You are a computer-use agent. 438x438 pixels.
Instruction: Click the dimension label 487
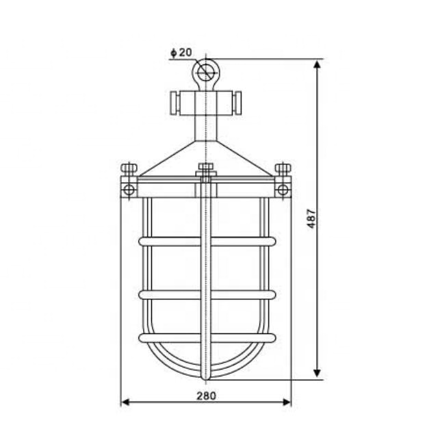tap(311, 218)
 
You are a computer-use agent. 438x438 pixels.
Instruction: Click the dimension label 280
tap(206, 396)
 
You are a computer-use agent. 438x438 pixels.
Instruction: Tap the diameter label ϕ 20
tap(181, 53)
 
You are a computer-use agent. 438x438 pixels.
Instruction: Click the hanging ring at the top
tap(205, 70)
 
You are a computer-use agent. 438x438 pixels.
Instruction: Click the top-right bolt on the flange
tap(283, 169)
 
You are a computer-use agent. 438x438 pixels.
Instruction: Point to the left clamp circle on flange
tap(127, 188)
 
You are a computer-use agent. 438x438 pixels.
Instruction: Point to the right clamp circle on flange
tap(283, 188)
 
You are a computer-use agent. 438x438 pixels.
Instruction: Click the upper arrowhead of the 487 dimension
tap(317, 64)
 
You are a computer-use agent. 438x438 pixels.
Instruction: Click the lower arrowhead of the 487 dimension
tap(317, 373)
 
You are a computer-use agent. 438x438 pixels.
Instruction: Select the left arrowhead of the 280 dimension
tap(125, 402)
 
